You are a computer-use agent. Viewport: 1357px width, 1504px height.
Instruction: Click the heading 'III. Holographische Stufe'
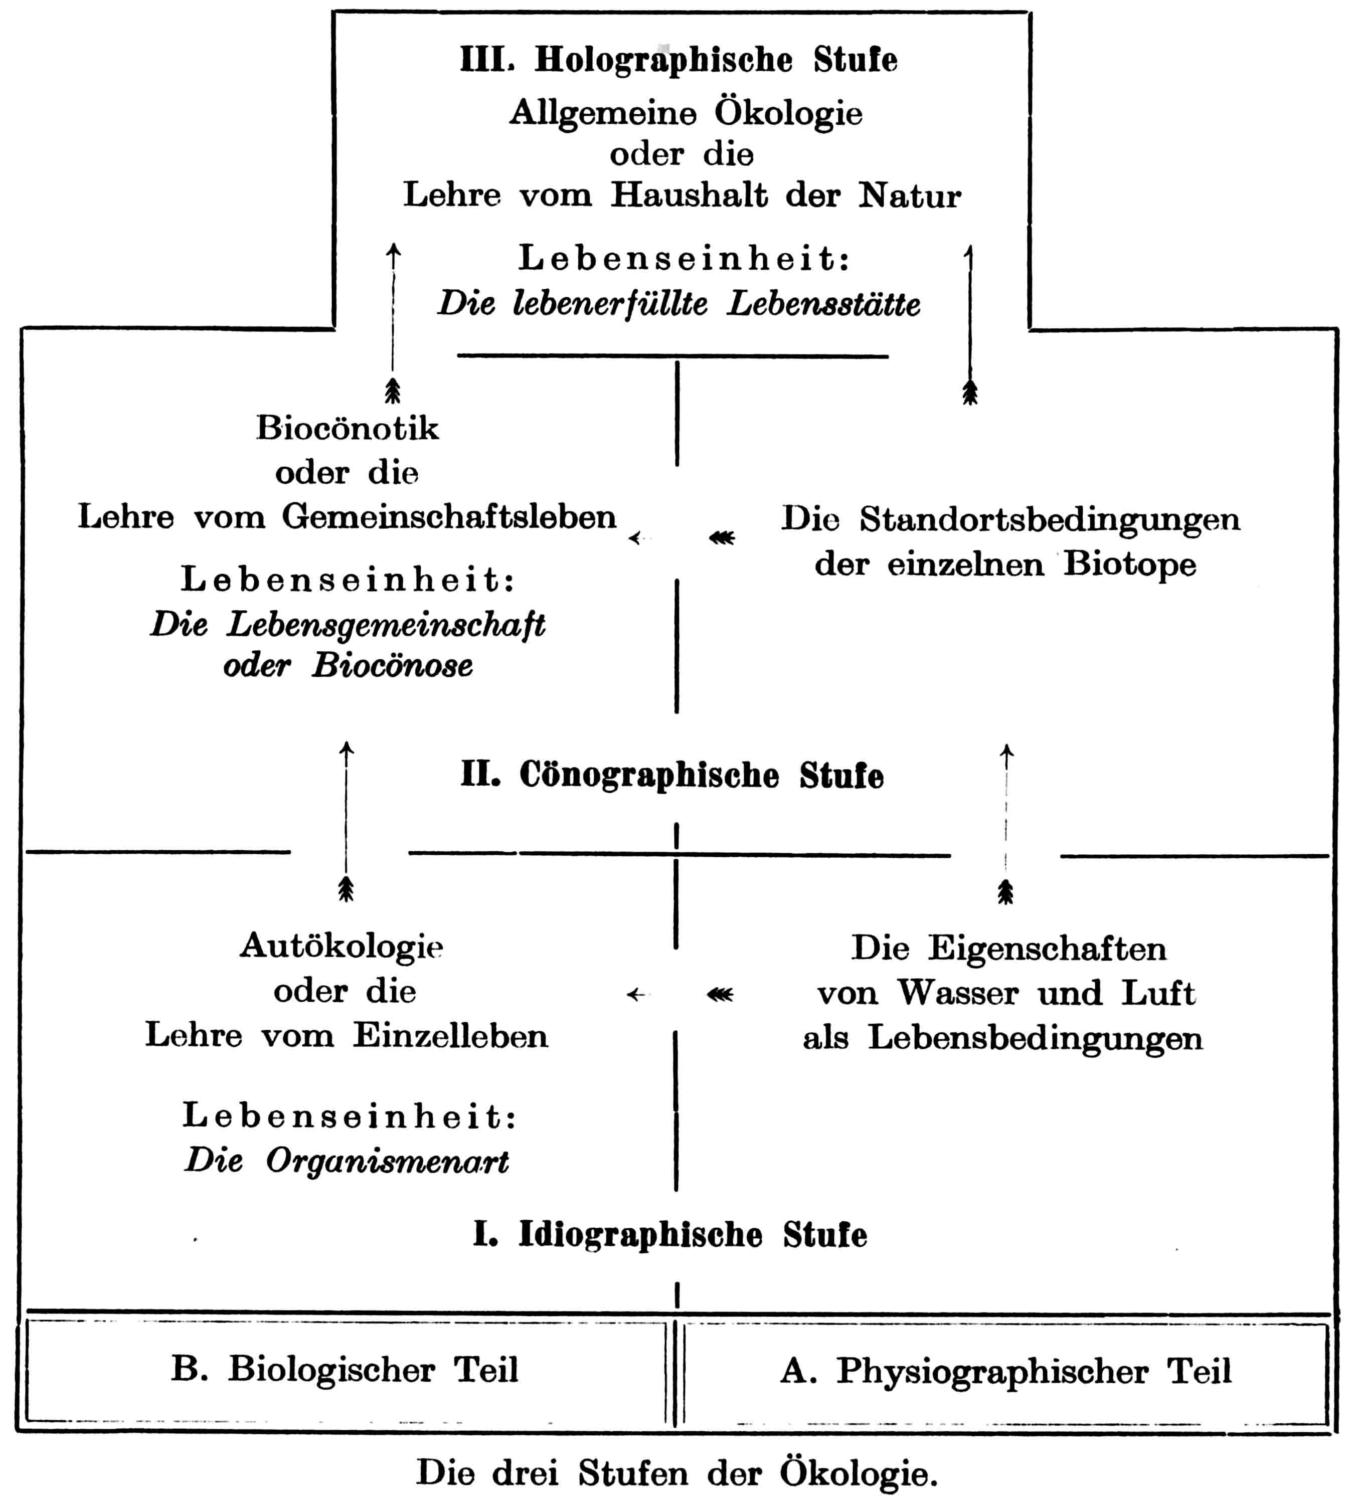pyautogui.click(x=678, y=60)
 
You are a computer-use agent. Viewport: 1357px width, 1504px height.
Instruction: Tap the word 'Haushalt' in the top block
pyautogui.click(x=689, y=195)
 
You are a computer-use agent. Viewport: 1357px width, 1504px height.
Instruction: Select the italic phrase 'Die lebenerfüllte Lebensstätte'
pyautogui.click(x=678, y=303)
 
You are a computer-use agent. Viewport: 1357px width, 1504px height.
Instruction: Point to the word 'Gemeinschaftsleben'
pyautogui.click(x=449, y=516)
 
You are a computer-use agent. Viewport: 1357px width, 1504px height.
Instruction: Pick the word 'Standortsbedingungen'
pyautogui.click(x=1050, y=519)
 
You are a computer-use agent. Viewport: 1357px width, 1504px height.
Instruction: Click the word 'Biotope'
pyautogui.click(x=1129, y=563)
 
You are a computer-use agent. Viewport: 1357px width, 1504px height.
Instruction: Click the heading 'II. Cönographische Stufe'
pyautogui.click(x=671, y=775)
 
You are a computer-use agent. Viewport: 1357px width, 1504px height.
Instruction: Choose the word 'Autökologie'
pyautogui.click(x=342, y=946)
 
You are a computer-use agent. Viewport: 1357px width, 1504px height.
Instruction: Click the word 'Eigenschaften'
pyautogui.click(x=1047, y=949)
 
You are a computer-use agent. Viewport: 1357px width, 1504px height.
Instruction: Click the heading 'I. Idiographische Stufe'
pyautogui.click(x=669, y=1235)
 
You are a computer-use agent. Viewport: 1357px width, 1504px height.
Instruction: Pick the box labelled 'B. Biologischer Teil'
pyautogui.click(x=345, y=1370)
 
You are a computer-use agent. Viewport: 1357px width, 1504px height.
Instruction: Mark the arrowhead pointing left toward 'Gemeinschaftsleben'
pyautogui.click(x=634, y=537)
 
